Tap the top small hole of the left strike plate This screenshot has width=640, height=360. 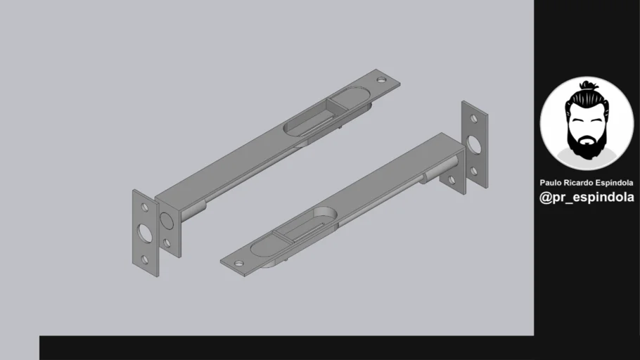pos(145,207)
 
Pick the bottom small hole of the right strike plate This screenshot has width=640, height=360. pos(475,171)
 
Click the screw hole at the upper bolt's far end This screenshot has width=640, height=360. pos(382,79)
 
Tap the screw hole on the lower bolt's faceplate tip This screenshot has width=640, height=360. pos(238,264)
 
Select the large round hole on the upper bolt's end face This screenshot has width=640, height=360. pos(167,220)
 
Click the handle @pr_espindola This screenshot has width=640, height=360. pos(587,198)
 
